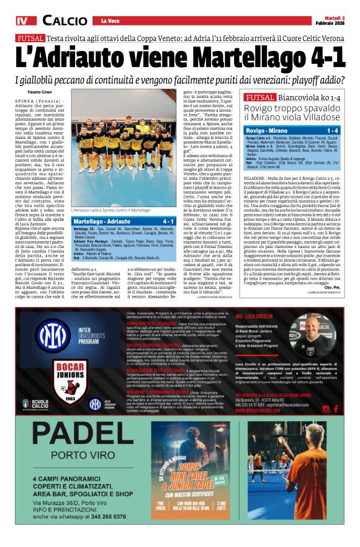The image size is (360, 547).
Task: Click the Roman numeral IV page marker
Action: tap(22, 22)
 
